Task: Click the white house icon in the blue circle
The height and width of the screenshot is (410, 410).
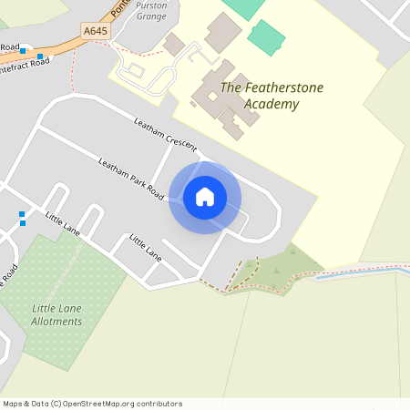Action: [x=205, y=197]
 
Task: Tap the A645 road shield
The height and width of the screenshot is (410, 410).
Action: [x=95, y=31]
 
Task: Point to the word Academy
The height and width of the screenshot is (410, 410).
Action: [x=271, y=104]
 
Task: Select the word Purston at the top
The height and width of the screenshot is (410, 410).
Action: [x=150, y=5]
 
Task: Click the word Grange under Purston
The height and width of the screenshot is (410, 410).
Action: [x=150, y=15]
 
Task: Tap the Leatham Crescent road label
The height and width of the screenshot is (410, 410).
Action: [x=165, y=135]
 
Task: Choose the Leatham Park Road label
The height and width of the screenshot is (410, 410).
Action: [x=131, y=179]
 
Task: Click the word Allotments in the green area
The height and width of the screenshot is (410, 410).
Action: [x=56, y=322]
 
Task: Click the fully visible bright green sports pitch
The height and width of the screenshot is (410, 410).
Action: [x=266, y=37]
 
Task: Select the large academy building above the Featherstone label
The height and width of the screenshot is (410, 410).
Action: [x=222, y=33]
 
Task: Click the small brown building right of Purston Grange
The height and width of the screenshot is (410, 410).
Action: [x=174, y=44]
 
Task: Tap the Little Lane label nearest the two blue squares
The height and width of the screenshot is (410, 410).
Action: [x=63, y=224]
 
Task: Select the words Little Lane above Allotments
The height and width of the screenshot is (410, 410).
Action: [x=56, y=308]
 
